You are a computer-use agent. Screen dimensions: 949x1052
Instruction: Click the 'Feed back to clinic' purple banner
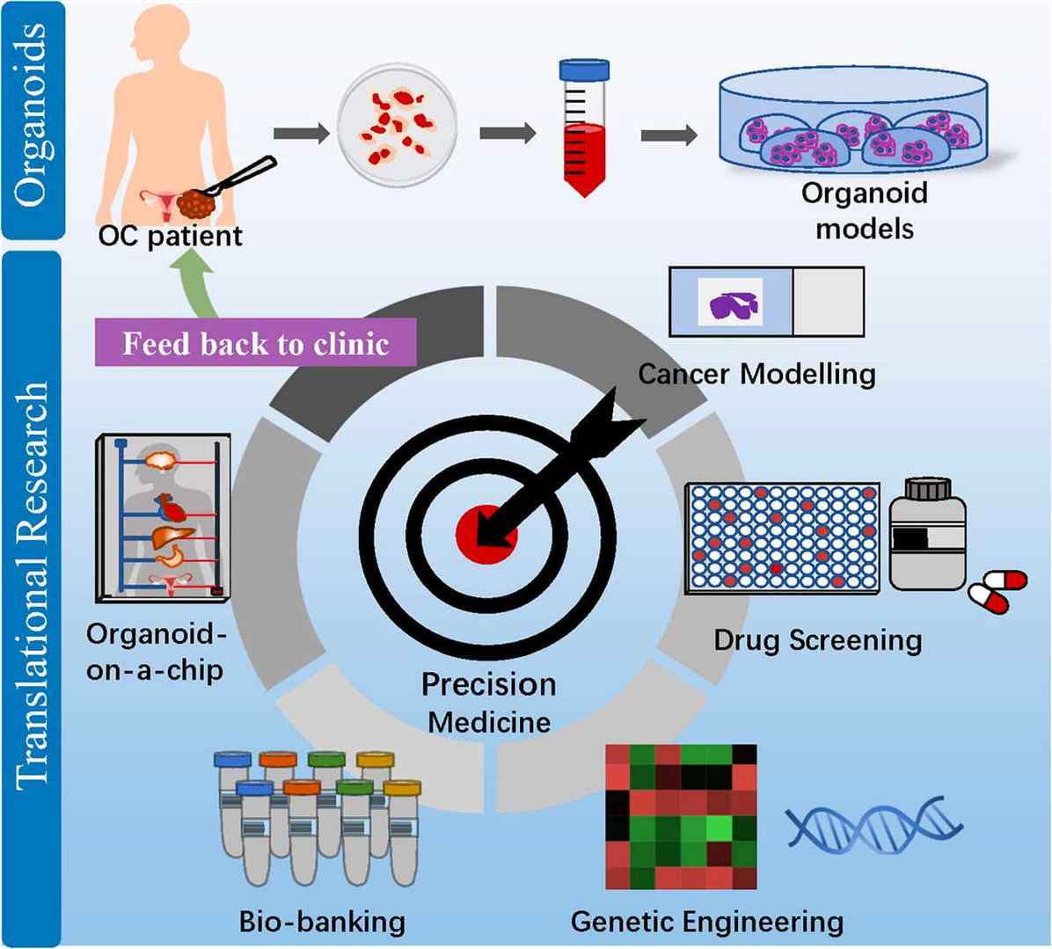point(255,342)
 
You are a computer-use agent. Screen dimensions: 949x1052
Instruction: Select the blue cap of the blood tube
point(585,69)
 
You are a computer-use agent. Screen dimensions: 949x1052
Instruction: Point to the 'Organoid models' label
point(865,210)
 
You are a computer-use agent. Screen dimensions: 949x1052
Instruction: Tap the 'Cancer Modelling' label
point(756,374)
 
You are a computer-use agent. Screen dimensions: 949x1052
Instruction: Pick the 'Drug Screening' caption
point(818,639)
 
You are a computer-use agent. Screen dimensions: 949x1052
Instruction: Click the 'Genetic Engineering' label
point(706,921)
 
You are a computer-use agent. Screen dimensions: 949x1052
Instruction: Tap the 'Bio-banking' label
point(323,921)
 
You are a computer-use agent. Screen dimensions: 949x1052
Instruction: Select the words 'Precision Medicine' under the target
point(488,703)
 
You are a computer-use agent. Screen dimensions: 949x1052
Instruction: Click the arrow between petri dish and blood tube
point(508,134)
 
